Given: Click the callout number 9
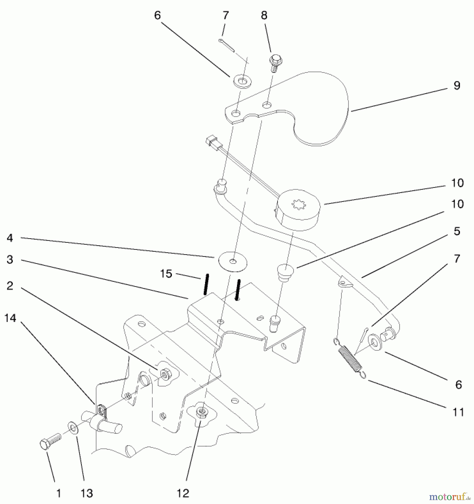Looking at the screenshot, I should pyautogui.click(x=457, y=85).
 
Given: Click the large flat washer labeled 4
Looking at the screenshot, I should pyautogui.click(x=233, y=262).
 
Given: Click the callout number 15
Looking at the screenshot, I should pyautogui.click(x=166, y=274).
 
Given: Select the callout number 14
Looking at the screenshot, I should pyautogui.click(x=10, y=318).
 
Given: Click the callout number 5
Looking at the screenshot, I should pyautogui.click(x=457, y=231).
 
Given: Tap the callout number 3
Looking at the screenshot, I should pyautogui.click(x=10, y=260).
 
